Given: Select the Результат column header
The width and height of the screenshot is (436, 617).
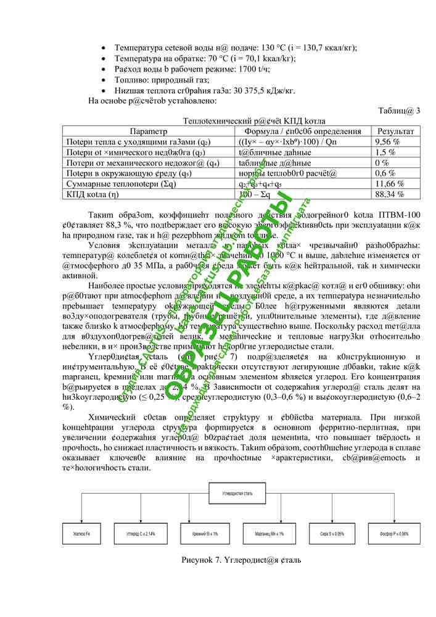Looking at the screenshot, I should tap(395, 131).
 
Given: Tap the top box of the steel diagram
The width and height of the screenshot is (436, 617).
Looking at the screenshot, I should tap(237, 495).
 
